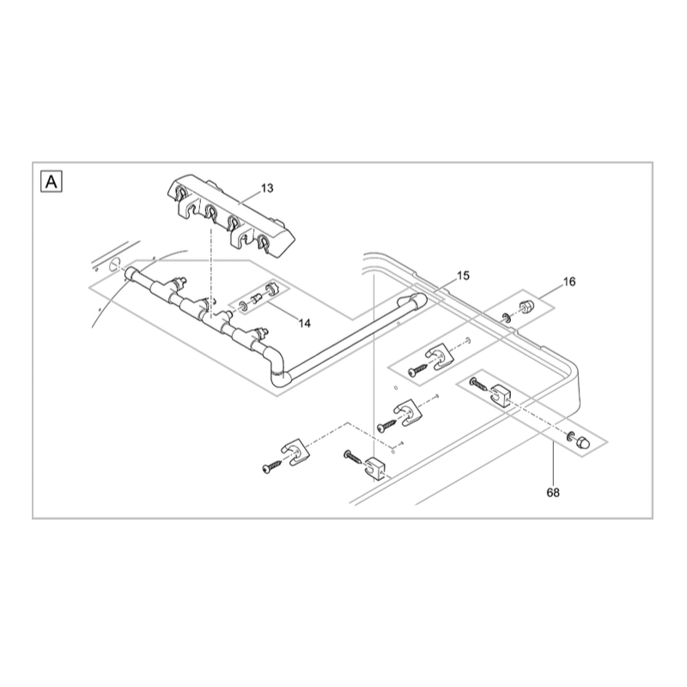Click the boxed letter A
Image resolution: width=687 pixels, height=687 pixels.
click(x=52, y=181)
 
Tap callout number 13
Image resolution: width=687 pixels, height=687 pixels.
click(x=267, y=188)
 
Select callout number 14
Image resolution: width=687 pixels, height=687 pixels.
click(x=305, y=324)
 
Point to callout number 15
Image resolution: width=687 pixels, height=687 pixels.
click(x=463, y=276)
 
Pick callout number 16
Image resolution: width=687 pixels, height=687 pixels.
click(x=569, y=282)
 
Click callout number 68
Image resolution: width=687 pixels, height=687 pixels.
click(x=553, y=493)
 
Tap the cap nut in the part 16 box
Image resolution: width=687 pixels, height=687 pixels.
click(x=525, y=307)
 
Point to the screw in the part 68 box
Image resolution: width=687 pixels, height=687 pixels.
click(x=478, y=384)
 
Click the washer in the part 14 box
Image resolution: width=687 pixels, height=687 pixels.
click(x=243, y=306)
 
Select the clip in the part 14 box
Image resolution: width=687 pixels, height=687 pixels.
click(x=271, y=289)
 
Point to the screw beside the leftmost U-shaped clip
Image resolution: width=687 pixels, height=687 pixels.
click(x=272, y=466)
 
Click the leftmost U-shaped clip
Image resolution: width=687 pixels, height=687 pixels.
click(x=294, y=453)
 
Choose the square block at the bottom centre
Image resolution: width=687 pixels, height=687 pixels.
click(x=374, y=467)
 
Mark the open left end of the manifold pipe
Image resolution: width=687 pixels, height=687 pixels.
click(x=130, y=274)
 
